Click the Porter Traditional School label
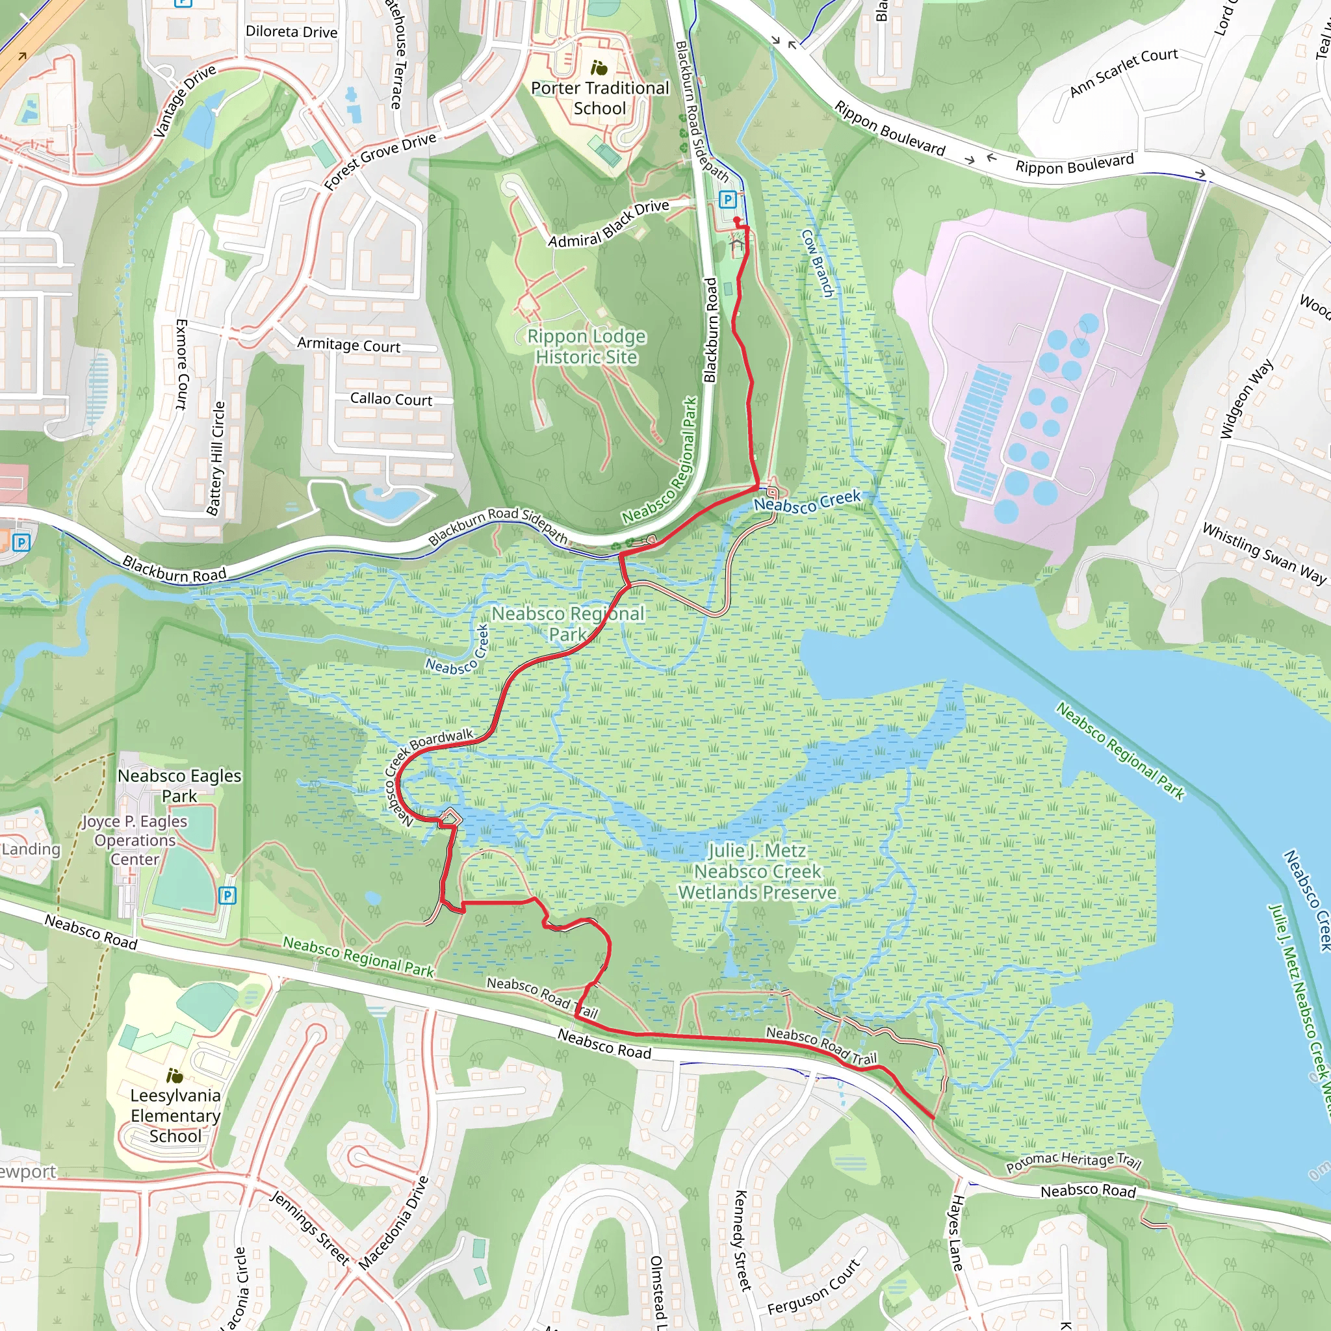(x=599, y=98)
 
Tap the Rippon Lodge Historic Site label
(x=586, y=346)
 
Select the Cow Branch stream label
(x=818, y=263)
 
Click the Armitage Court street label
(x=348, y=344)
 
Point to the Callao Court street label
(x=391, y=399)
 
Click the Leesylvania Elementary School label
(x=175, y=1115)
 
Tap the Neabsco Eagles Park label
(x=179, y=785)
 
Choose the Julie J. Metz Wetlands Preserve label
(x=757, y=872)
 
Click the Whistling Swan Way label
(x=1263, y=553)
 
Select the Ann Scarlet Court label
(x=1124, y=71)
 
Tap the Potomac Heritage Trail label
(x=1074, y=1161)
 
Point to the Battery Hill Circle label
(x=216, y=458)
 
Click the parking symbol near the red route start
(x=727, y=200)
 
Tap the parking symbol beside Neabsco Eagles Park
(x=227, y=896)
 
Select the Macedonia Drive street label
(x=394, y=1222)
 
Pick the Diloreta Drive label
(x=291, y=32)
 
